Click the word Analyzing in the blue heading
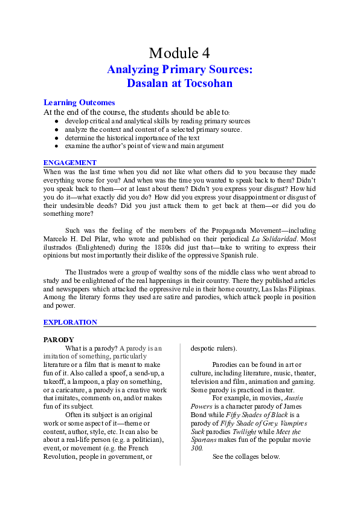coord(133,70)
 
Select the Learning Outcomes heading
coord(79,103)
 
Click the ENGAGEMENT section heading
coord(70,163)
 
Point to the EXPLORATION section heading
coord(71,322)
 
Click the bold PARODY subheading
coord(59,340)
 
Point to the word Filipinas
coord(300,290)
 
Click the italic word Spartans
coord(207,440)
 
